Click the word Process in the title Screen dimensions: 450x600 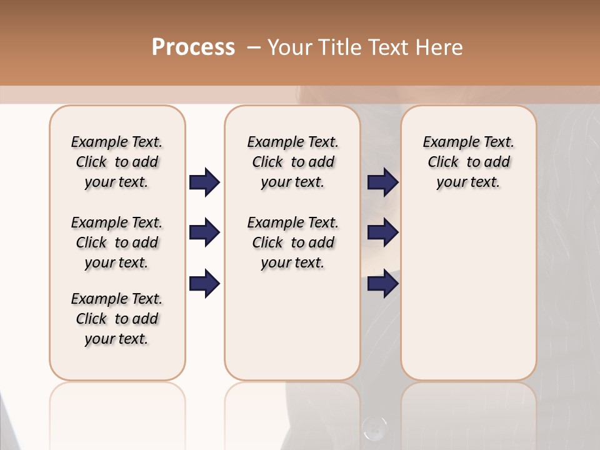[193, 47]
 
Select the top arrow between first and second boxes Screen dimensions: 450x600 [204, 182]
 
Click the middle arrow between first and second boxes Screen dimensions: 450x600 [204, 233]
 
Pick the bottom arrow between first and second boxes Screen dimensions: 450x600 [204, 284]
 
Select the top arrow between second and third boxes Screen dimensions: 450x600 [382, 182]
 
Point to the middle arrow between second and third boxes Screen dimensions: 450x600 [382, 233]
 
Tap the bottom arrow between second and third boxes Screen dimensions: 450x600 [382, 284]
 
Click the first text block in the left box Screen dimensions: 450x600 [117, 162]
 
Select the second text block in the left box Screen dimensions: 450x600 [117, 242]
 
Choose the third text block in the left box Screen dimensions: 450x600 [117, 319]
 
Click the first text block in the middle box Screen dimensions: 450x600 [292, 162]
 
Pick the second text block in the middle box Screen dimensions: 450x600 [292, 242]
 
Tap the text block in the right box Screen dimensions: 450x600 [468, 162]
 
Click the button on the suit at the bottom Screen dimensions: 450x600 [374, 428]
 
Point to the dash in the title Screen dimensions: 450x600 [254, 47]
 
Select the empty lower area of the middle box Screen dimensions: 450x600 [292, 325]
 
